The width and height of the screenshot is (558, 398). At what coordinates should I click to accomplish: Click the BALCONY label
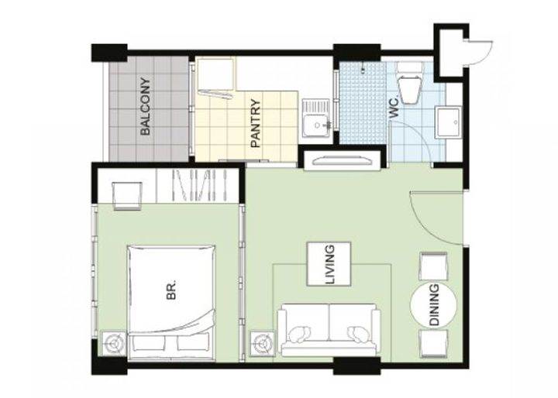146,106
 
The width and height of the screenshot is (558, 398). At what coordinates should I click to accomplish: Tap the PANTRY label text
256,123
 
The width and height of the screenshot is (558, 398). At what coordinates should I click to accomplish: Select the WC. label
394,110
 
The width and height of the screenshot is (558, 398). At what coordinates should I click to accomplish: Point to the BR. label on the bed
171,290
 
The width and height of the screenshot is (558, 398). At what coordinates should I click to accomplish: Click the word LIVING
330,264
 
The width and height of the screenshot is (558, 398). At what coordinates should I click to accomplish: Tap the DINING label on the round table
434,305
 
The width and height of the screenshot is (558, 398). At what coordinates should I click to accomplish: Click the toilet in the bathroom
410,83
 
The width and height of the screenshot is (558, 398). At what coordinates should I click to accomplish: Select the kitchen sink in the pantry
316,118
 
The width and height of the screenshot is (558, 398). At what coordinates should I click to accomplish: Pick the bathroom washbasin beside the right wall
449,122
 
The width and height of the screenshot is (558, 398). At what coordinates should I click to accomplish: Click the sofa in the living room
329,330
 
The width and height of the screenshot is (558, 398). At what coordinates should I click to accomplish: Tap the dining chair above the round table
433,266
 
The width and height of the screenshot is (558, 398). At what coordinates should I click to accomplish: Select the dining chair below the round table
433,344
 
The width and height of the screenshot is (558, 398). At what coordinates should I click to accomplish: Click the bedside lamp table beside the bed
115,344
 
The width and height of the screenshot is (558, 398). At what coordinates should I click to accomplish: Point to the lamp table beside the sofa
263,344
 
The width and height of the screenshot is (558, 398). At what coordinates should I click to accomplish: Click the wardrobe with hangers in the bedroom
198,185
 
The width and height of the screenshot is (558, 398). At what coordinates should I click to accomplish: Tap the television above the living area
343,161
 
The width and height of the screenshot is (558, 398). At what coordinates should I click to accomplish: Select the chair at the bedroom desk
127,196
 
